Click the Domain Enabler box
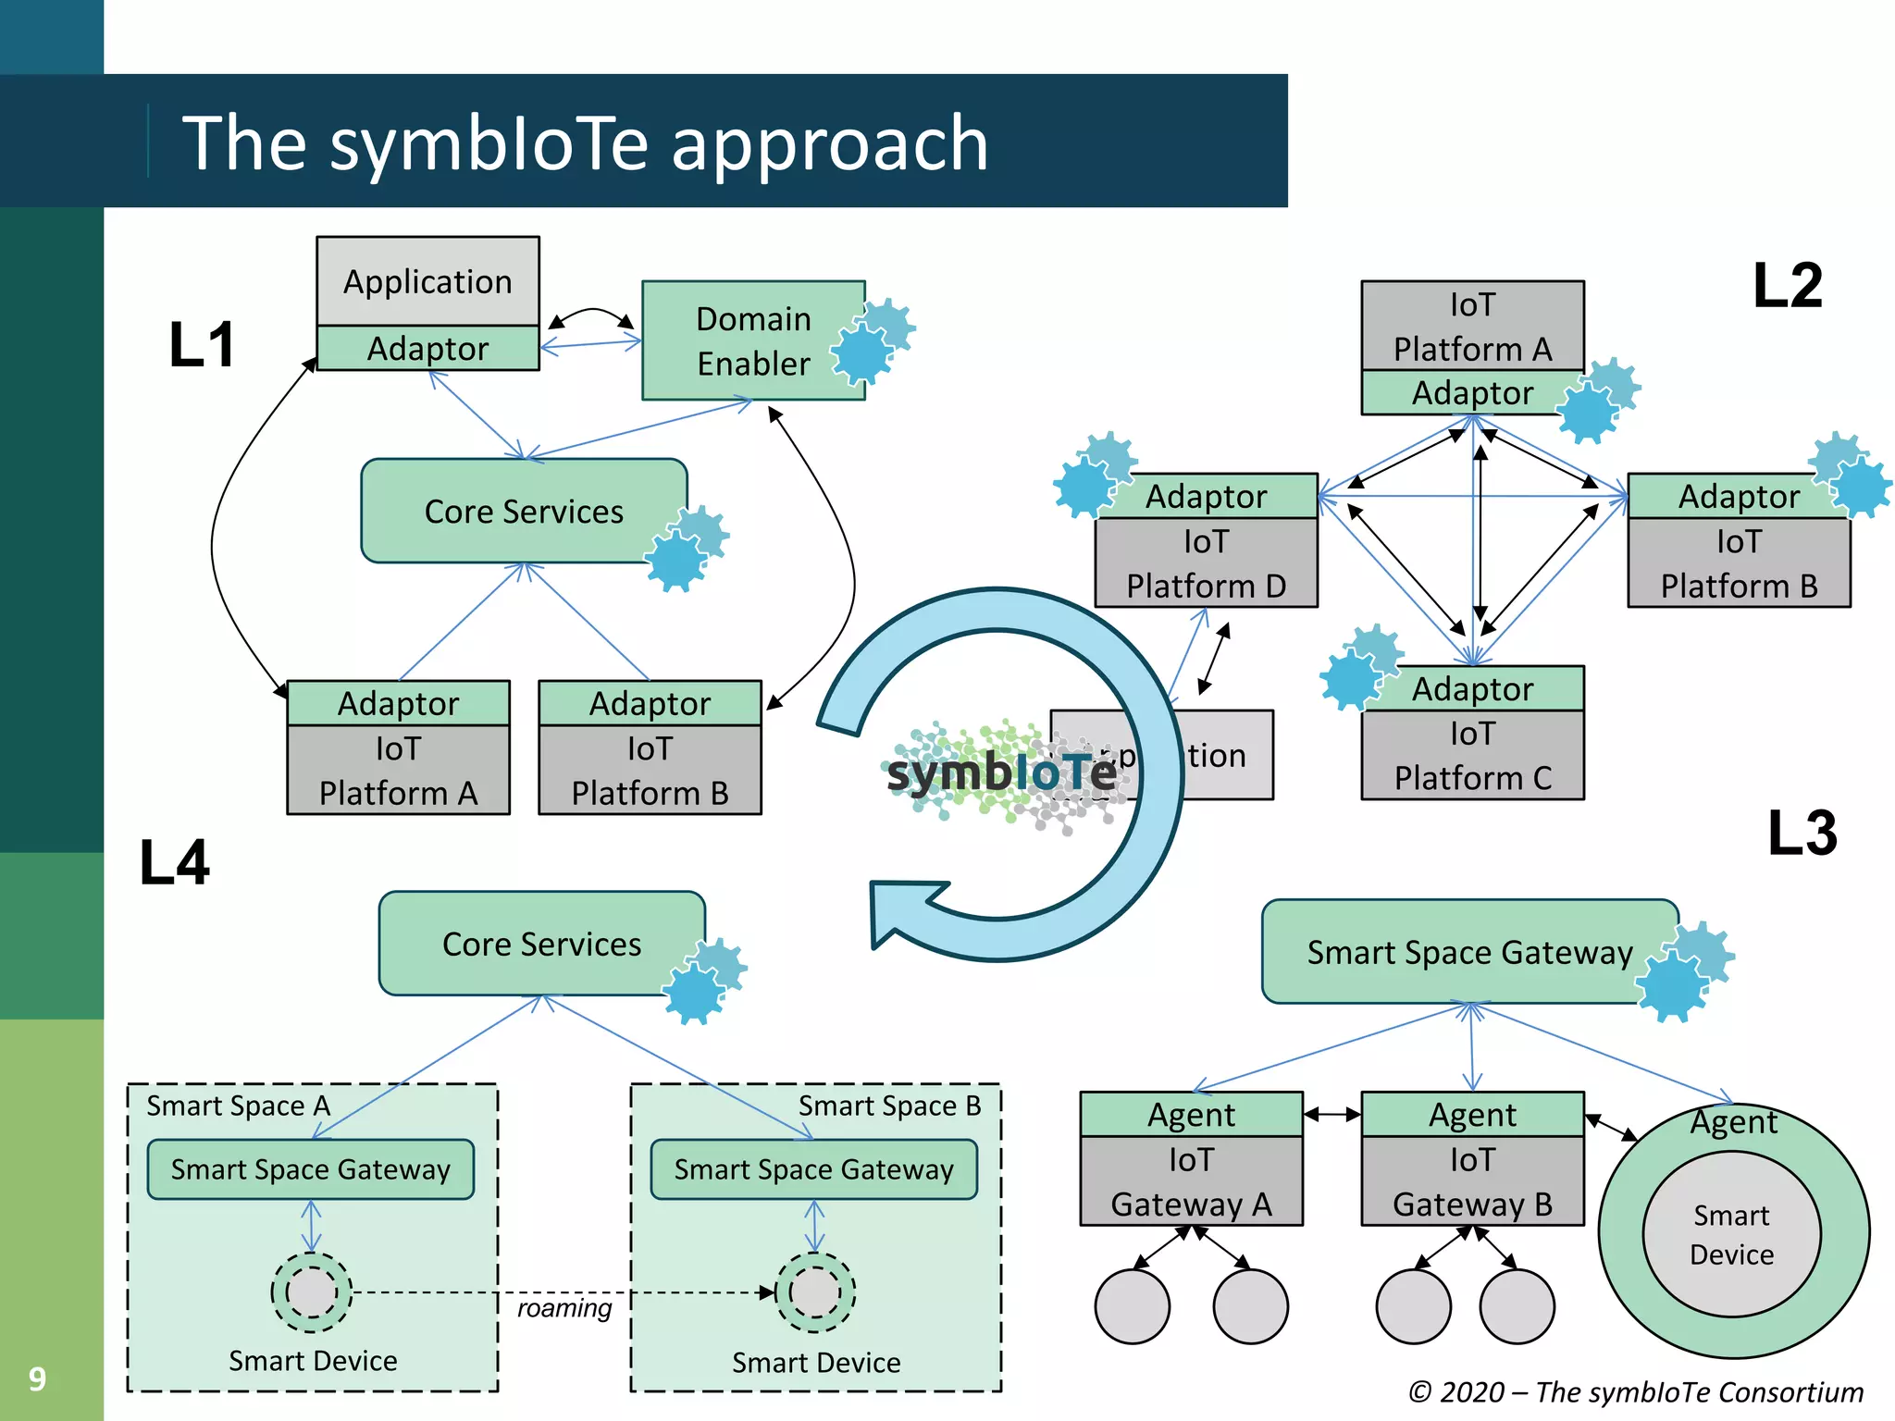point(752,340)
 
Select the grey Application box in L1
point(427,281)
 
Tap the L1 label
point(202,345)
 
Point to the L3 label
point(1801,833)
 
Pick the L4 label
point(174,862)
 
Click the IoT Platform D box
point(1206,563)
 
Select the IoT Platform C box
point(1472,755)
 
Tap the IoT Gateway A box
point(1191,1181)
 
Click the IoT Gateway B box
point(1472,1181)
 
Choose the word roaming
point(564,1308)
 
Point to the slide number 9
point(37,1378)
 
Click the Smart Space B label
point(889,1106)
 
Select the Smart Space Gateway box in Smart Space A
point(310,1169)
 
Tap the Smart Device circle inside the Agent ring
point(1731,1234)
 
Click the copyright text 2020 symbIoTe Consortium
point(1635,1391)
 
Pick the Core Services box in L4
point(541,944)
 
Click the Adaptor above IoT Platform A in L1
point(398,703)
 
